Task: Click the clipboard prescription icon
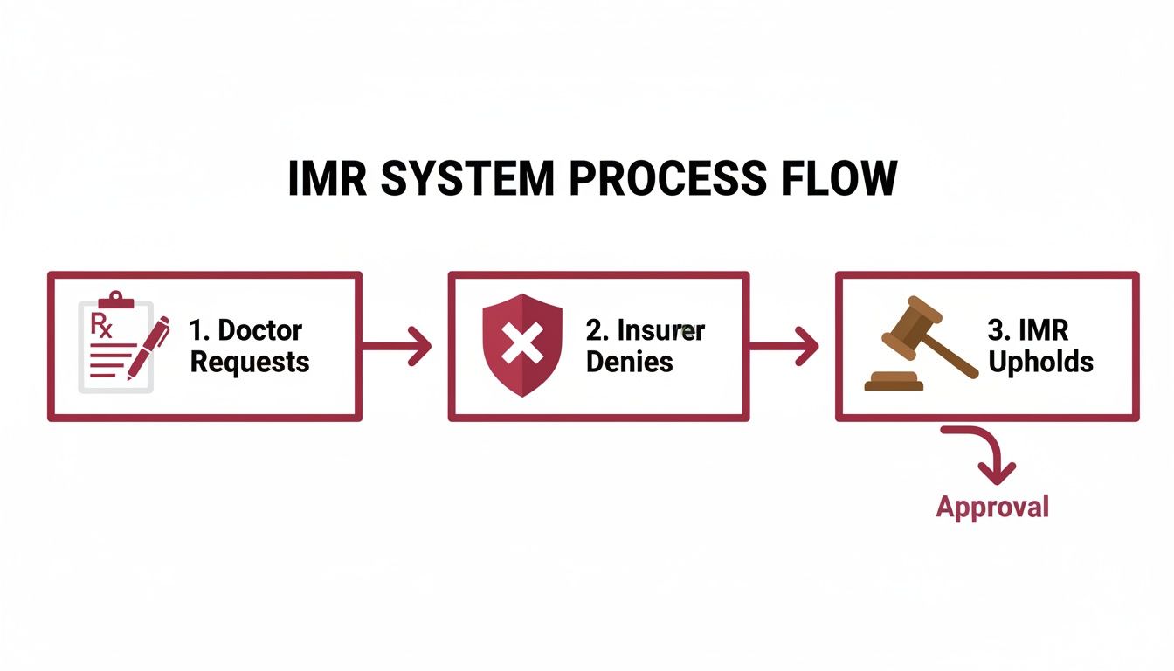pos(115,346)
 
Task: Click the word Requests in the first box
pos(250,361)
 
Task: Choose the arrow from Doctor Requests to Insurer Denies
pos(397,347)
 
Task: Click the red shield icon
pos(522,345)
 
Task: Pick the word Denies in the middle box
pos(630,361)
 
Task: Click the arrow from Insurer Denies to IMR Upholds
pos(784,347)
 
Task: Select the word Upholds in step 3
pos(1040,361)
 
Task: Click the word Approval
pos(991,506)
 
